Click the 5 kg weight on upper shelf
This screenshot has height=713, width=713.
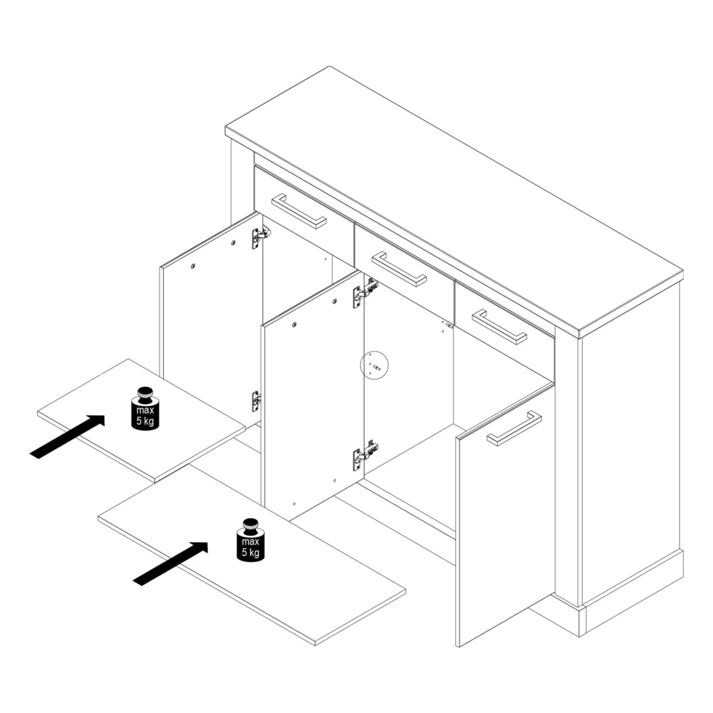145,409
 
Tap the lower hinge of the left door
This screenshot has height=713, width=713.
256,401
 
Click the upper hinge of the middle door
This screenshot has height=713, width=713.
365,293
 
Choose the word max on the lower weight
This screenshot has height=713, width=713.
251,541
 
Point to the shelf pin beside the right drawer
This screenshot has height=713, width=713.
449,326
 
